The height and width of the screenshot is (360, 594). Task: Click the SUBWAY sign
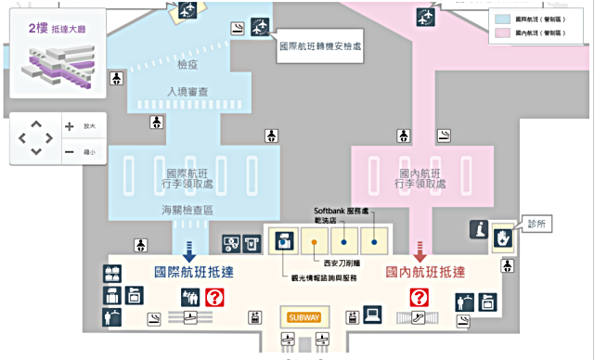[x=303, y=317]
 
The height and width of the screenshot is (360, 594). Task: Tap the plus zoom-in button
[x=70, y=126]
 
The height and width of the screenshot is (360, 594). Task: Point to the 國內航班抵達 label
[x=425, y=273]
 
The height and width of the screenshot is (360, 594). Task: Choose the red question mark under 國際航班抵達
[x=215, y=298]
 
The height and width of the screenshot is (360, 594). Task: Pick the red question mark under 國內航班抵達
[x=420, y=298]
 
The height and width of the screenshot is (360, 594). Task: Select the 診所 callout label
[x=539, y=225]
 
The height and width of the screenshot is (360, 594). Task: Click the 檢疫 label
[x=187, y=66]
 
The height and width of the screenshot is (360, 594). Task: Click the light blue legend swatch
[x=500, y=19]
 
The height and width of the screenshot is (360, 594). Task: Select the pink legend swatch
[x=500, y=32]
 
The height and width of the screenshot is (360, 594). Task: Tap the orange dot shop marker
[x=316, y=243]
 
